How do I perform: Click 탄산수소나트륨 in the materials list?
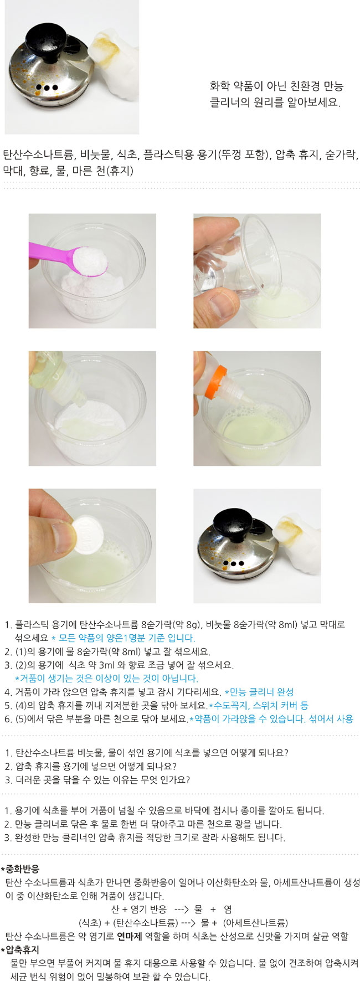[39, 155]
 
